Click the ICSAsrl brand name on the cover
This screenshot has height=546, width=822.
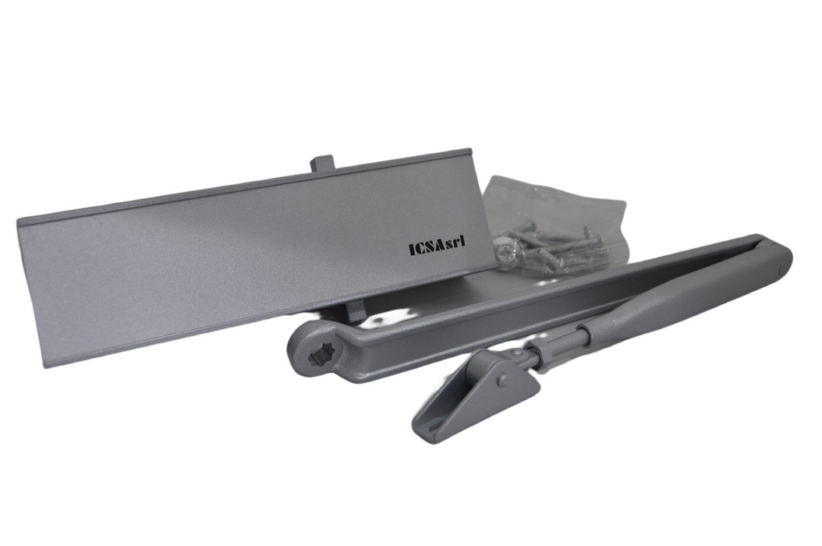(438, 246)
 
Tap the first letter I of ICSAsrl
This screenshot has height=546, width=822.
(412, 248)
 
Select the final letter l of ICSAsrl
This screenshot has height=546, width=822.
(463, 243)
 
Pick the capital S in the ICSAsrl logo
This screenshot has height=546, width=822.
(430, 246)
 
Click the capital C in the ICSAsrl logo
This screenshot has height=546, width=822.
(420, 247)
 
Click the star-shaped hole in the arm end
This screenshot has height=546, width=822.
(317, 358)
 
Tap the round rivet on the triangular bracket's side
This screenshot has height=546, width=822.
(503, 379)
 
